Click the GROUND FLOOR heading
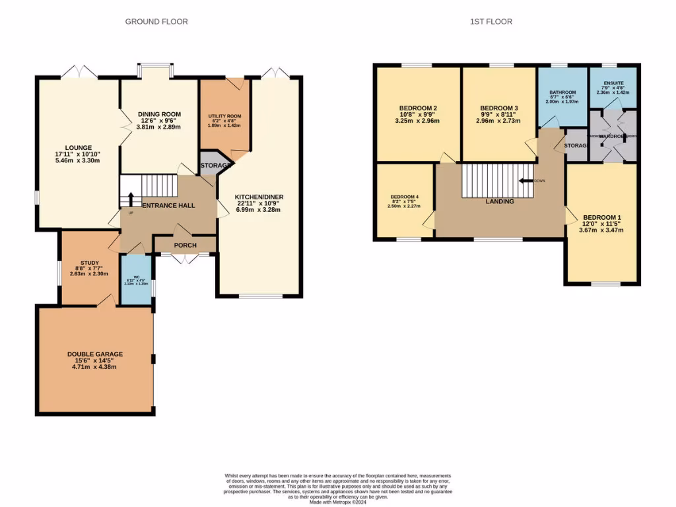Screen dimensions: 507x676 [156, 22]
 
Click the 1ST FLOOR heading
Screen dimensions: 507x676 [490, 22]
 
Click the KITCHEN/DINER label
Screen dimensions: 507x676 [258, 197]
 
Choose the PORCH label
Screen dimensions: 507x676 [185, 245]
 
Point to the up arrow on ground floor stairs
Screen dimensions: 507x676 [130, 199]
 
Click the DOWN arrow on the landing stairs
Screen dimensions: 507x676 [526, 180]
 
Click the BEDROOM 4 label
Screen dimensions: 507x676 [404, 197]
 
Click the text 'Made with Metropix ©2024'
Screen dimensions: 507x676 [337, 502]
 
